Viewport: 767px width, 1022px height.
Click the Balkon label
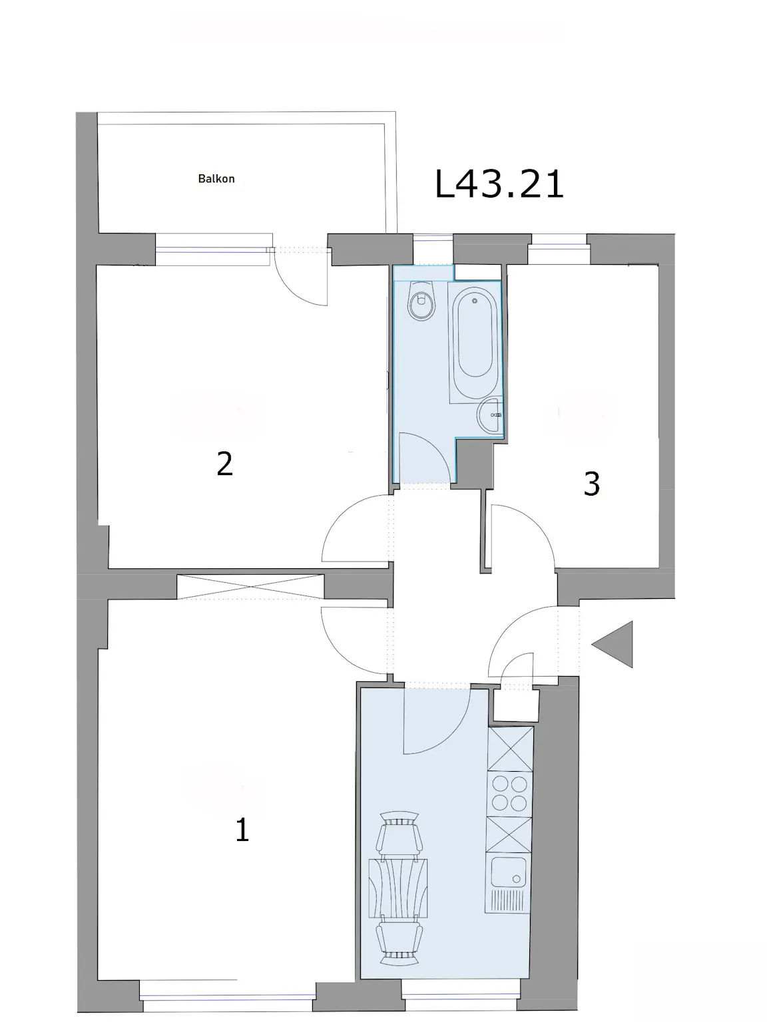click(216, 179)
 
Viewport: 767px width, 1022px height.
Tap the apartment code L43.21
click(499, 184)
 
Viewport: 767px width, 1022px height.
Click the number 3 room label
click(591, 484)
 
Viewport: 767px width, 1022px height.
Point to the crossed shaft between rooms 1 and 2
click(250, 587)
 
